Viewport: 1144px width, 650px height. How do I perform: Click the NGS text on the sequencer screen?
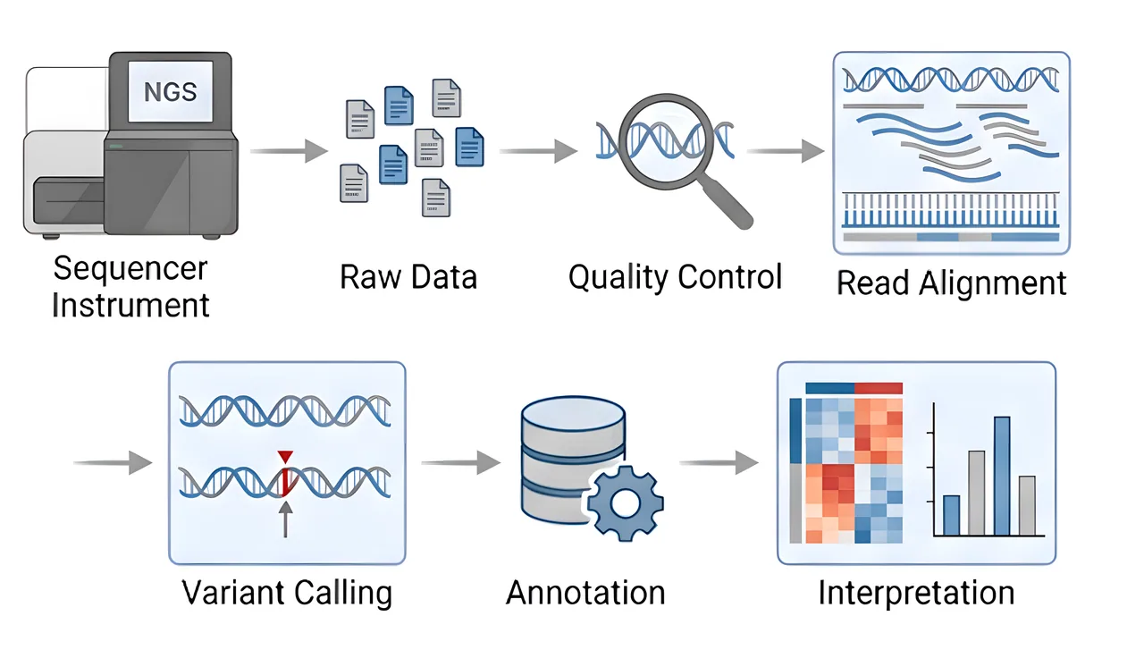click(x=170, y=92)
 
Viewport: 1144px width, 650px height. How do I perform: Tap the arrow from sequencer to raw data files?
click(x=289, y=151)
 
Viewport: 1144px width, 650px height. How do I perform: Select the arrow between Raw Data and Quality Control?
click(x=538, y=151)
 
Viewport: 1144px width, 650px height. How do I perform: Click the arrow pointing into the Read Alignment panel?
click(x=786, y=151)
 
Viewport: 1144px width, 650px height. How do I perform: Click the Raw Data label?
click(x=408, y=277)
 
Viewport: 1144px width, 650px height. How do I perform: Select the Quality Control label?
click(x=675, y=278)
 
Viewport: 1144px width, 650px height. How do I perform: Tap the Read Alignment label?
click(x=952, y=283)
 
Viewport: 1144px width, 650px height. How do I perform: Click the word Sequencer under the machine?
click(x=130, y=269)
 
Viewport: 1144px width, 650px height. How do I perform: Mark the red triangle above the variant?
click(x=285, y=456)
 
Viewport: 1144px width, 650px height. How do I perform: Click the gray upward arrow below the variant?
click(x=285, y=519)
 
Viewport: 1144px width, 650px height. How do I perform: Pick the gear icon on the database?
click(x=625, y=503)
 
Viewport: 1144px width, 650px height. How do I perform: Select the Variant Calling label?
click(x=287, y=594)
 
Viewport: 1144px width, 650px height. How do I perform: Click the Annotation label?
click(x=585, y=593)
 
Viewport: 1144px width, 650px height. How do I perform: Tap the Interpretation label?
click(x=916, y=594)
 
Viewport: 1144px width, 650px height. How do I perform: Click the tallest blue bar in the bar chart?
click(x=1002, y=477)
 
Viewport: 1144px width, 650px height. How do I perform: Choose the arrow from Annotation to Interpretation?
click(x=719, y=462)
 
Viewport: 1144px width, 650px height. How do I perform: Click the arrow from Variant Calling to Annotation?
click(x=460, y=462)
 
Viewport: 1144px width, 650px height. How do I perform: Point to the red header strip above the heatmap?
click(x=879, y=388)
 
